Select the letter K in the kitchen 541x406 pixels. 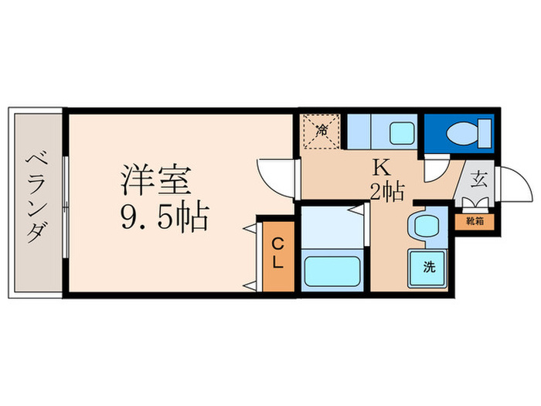point(381,167)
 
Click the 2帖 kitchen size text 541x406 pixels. point(386,191)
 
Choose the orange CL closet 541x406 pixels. point(276,254)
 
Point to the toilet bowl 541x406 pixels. point(461,133)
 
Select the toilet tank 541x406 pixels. point(485,132)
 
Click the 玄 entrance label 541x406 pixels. point(478,182)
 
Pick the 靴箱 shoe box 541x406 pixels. point(474,221)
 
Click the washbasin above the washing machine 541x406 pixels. point(424,226)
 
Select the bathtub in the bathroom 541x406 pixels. point(331,271)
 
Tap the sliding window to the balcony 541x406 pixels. point(66,203)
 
